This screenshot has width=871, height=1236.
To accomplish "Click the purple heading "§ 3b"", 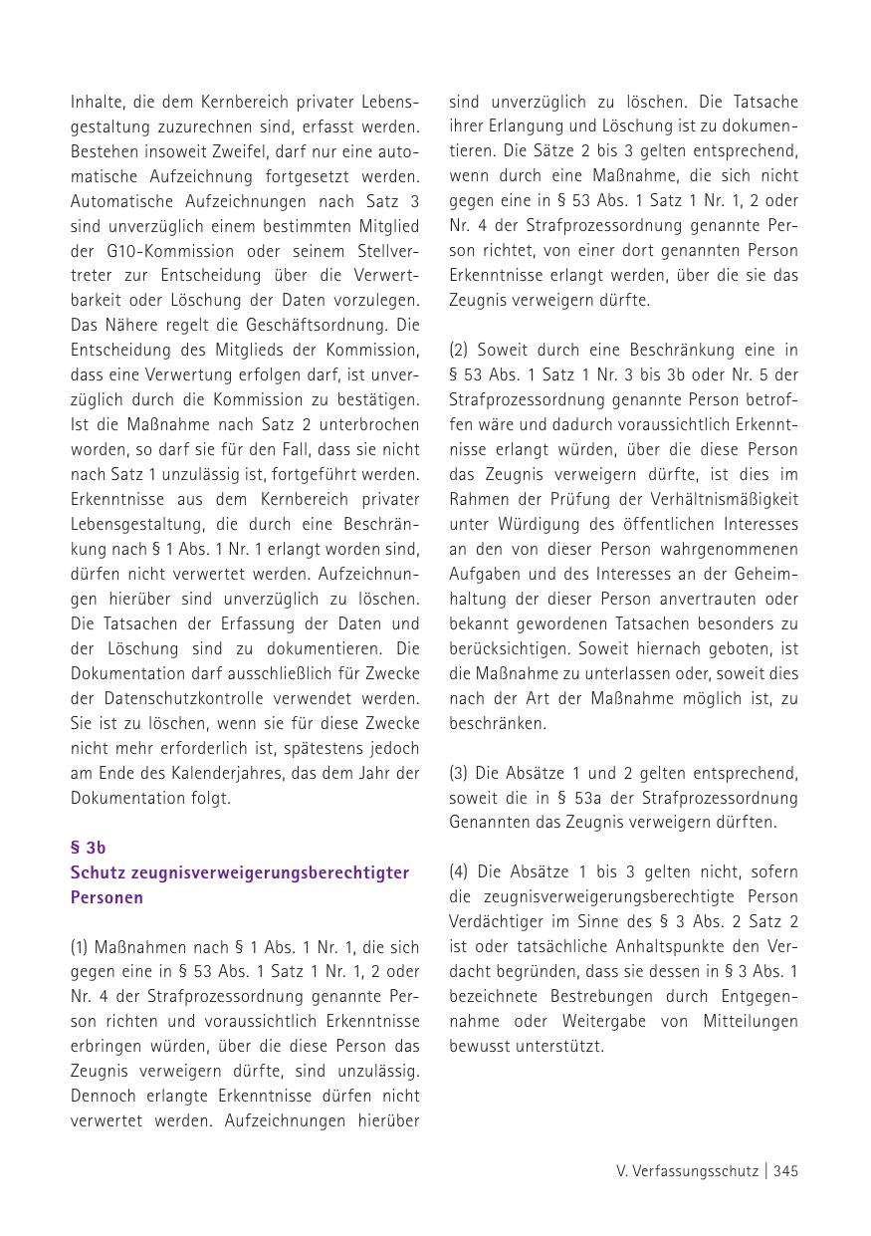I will [x=88, y=848].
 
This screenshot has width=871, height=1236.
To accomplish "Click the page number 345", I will [x=785, y=1171].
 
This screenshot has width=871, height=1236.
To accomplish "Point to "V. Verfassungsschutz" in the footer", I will [x=687, y=1171].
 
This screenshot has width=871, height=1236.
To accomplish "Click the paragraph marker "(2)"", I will [x=461, y=351].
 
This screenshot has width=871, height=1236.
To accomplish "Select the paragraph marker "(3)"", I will [x=461, y=773].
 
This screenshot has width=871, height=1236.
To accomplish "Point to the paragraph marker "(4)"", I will [x=461, y=872].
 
